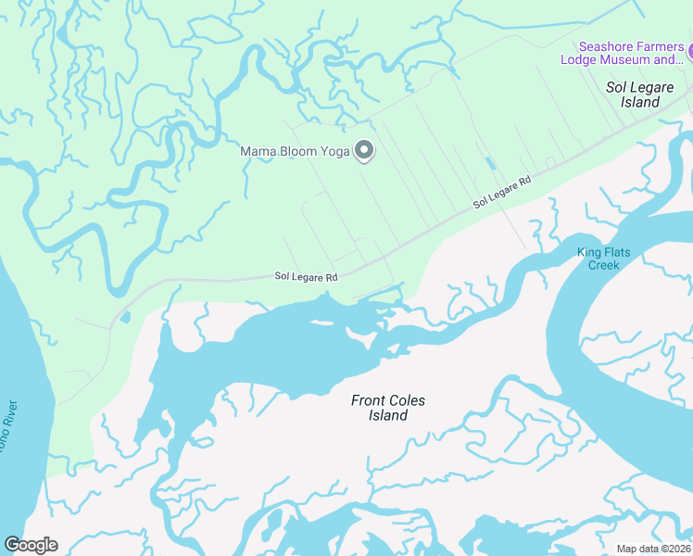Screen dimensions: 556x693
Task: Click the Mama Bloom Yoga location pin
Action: pyautogui.click(x=364, y=150)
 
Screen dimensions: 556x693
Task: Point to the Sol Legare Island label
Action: pyautogui.click(x=645, y=95)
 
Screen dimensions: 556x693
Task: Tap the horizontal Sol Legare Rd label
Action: pyautogui.click(x=306, y=276)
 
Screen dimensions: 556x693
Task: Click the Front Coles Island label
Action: pyautogui.click(x=387, y=408)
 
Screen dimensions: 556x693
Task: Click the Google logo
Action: pyautogui.click(x=31, y=545)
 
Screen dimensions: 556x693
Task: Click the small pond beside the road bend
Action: pyautogui.click(x=124, y=318)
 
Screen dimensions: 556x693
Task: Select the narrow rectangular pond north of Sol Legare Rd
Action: pyautogui.click(x=489, y=163)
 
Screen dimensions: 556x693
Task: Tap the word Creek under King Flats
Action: pyautogui.click(x=603, y=265)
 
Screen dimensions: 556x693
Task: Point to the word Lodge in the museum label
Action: pyautogui.click(x=582, y=60)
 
